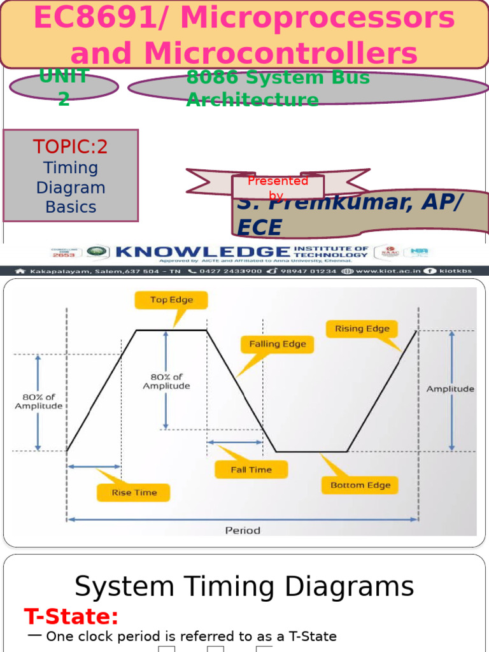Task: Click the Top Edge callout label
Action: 171,300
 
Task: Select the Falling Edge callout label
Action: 277,344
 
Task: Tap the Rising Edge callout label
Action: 362,329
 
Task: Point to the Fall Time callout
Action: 251,470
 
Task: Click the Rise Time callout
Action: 134,492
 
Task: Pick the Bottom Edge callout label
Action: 360,485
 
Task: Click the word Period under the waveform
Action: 243,530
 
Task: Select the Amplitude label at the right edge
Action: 450,388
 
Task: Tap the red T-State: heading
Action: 71,616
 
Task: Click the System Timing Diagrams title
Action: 244,586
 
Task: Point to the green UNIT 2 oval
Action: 64,88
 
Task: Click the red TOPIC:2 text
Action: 71,147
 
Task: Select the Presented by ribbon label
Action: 278,187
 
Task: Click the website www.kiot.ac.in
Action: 388,271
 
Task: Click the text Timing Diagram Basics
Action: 71,188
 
